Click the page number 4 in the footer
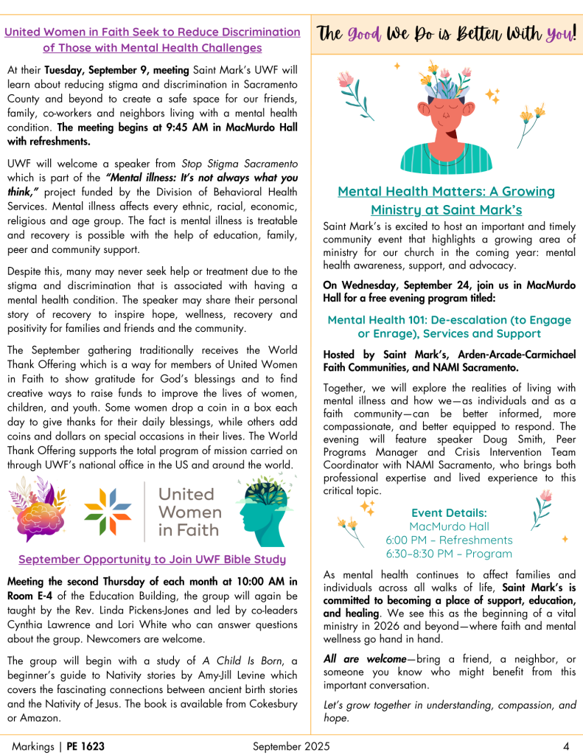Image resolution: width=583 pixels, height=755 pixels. click(x=565, y=746)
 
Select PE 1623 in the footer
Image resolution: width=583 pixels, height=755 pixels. click(x=85, y=746)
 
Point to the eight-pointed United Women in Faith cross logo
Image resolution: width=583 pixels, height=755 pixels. click(x=109, y=509)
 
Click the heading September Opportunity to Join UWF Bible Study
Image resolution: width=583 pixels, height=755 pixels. click(x=152, y=559)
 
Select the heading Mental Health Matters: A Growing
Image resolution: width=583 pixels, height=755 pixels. click(x=446, y=192)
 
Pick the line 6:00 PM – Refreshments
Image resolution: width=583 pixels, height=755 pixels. click(x=448, y=540)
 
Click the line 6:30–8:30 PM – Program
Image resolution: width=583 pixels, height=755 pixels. click(x=448, y=554)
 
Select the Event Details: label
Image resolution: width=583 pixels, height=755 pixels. click(x=448, y=512)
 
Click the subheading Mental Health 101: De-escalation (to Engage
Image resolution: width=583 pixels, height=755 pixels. click(x=449, y=320)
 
